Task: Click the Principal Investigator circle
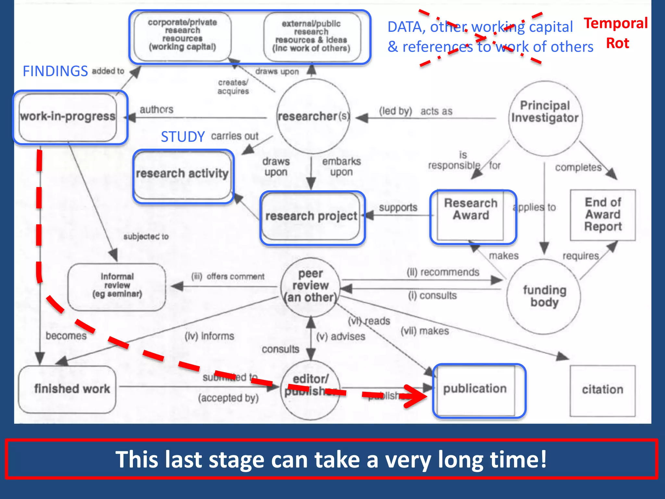click(x=545, y=118)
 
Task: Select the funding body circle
click(x=544, y=296)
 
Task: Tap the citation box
click(x=602, y=390)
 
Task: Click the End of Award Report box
click(x=603, y=215)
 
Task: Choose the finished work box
click(x=68, y=389)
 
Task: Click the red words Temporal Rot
click(x=616, y=33)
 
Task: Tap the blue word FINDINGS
click(x=55, y=71)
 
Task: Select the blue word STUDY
click(x=183, y=137)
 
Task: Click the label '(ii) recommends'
click(x=443, y=272)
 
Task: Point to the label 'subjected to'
click(x=146, y=237)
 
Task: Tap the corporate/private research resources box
click(x=182, y=35)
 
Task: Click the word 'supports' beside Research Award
click(x=398, y=207)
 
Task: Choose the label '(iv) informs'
click(x=209, y=336)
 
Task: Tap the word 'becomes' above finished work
click(x=66, y=336)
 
